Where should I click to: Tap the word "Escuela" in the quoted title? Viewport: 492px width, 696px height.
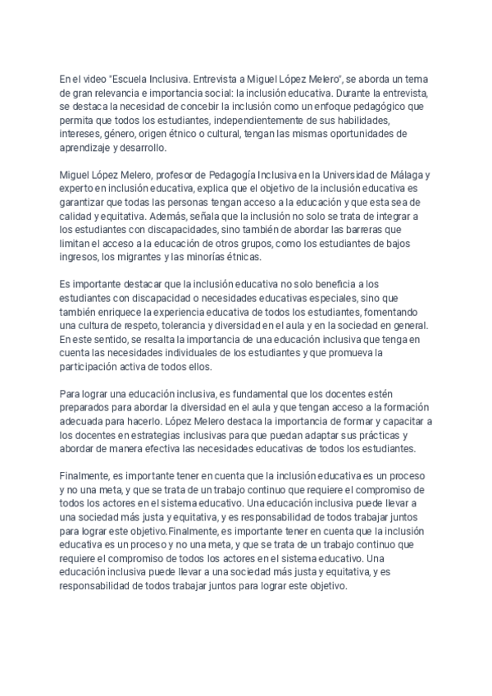pyautogui.click(x=132, y=79)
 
